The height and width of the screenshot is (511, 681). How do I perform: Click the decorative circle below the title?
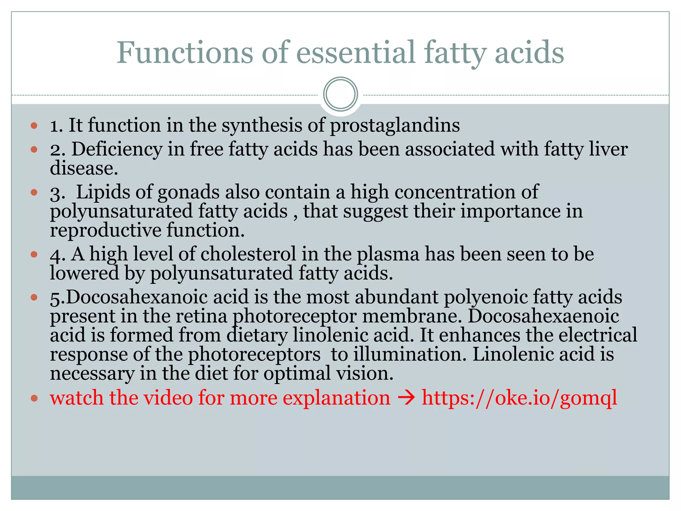(x=340, y=94)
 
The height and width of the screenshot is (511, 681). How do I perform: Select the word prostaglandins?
(x=395, y=126)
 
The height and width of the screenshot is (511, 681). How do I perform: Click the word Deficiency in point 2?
(x=117, y=149)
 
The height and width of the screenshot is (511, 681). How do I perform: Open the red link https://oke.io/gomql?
(x=519, y=398)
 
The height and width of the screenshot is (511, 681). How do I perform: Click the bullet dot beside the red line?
(x=34, y=398)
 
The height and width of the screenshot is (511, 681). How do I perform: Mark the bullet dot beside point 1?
(x=34, y=126)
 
